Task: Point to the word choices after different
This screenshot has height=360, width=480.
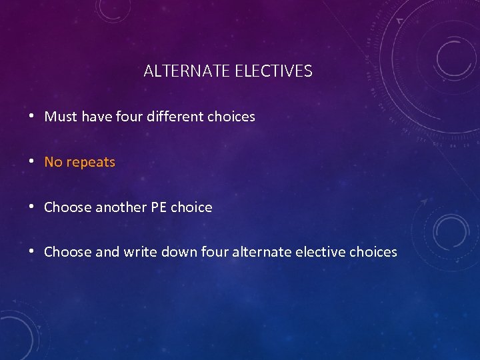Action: click(231, 117)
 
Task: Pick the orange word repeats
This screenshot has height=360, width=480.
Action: click(90, 163)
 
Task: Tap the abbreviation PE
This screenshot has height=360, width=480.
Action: click(159, 207)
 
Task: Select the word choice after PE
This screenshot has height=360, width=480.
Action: click(191, 207)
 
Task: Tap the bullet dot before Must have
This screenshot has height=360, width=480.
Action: click(32, 117)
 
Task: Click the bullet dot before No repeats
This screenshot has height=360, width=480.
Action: click(32, 162)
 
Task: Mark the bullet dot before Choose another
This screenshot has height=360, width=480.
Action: click(32, 207)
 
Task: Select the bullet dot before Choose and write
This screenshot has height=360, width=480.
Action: click(32, 252)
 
